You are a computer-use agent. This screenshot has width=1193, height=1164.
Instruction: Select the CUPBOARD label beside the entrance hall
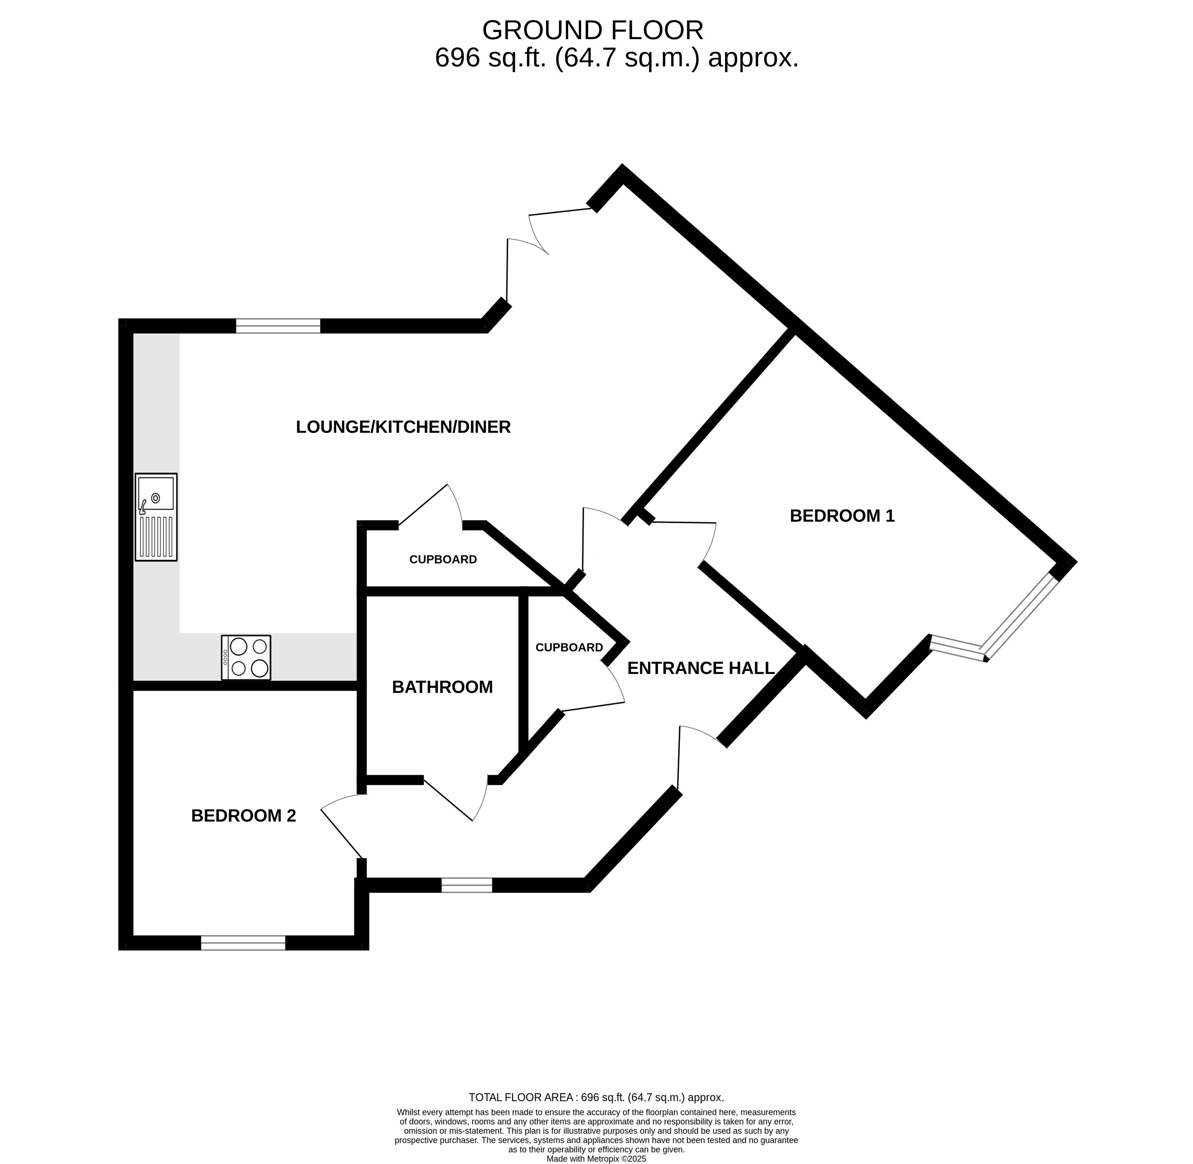pos(569,647)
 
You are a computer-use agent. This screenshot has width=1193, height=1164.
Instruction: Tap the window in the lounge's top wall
pos(278,326)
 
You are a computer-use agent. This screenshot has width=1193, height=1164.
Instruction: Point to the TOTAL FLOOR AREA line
pos(596,1097)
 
